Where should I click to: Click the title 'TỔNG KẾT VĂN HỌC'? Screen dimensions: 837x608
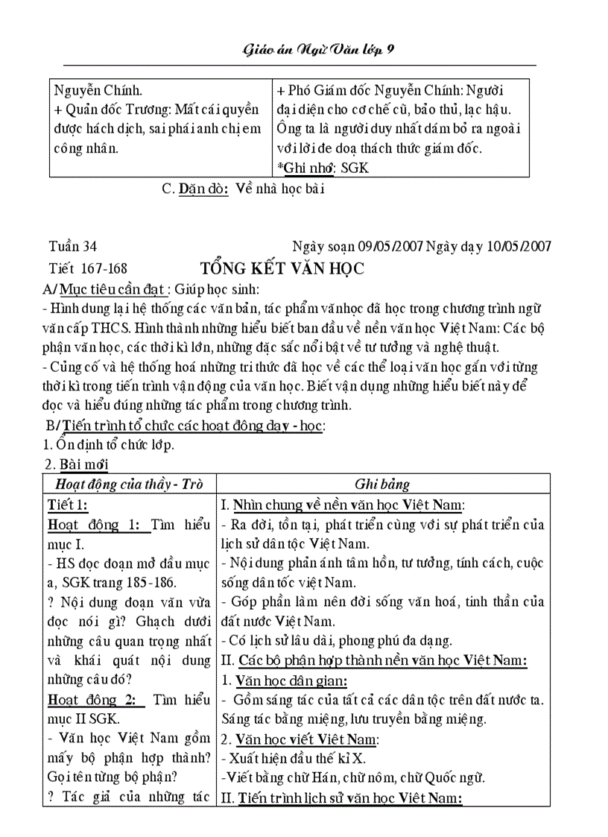pyautogui.click(x=282, y=269)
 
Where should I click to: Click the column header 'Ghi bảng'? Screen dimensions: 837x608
pyautogui.click(x=382, y=484)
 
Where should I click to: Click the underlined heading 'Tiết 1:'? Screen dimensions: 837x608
pyautogui.click(x=68, y=505)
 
